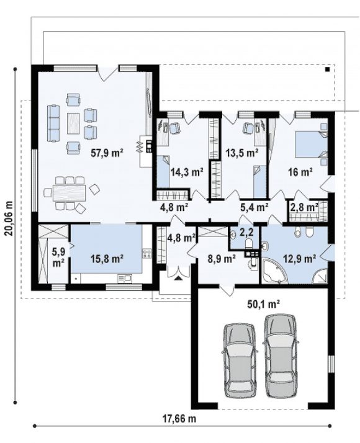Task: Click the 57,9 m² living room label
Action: click(x=107, y=153)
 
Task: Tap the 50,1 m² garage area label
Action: click(x=263, y=304)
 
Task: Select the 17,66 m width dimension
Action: click(x=179, y=418)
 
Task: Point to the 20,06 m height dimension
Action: click(x=9, y=218)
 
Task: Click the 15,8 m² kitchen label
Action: click(x=107, y=258)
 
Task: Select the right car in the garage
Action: click(x=281, y=356)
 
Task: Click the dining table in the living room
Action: click(x=70, y=193)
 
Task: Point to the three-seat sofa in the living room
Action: click(x=53, y=123)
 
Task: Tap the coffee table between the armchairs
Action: click(x=73, y=123)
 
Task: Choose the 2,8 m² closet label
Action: click(x=303, y=207)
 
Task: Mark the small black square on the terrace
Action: click(x=327, y=69)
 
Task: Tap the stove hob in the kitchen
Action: click(x=146, y=253)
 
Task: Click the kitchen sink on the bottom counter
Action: click(x=125, y=279)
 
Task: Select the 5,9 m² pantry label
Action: click(x=58, y=257)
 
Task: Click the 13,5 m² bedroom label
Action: click(x=242, y=153)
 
